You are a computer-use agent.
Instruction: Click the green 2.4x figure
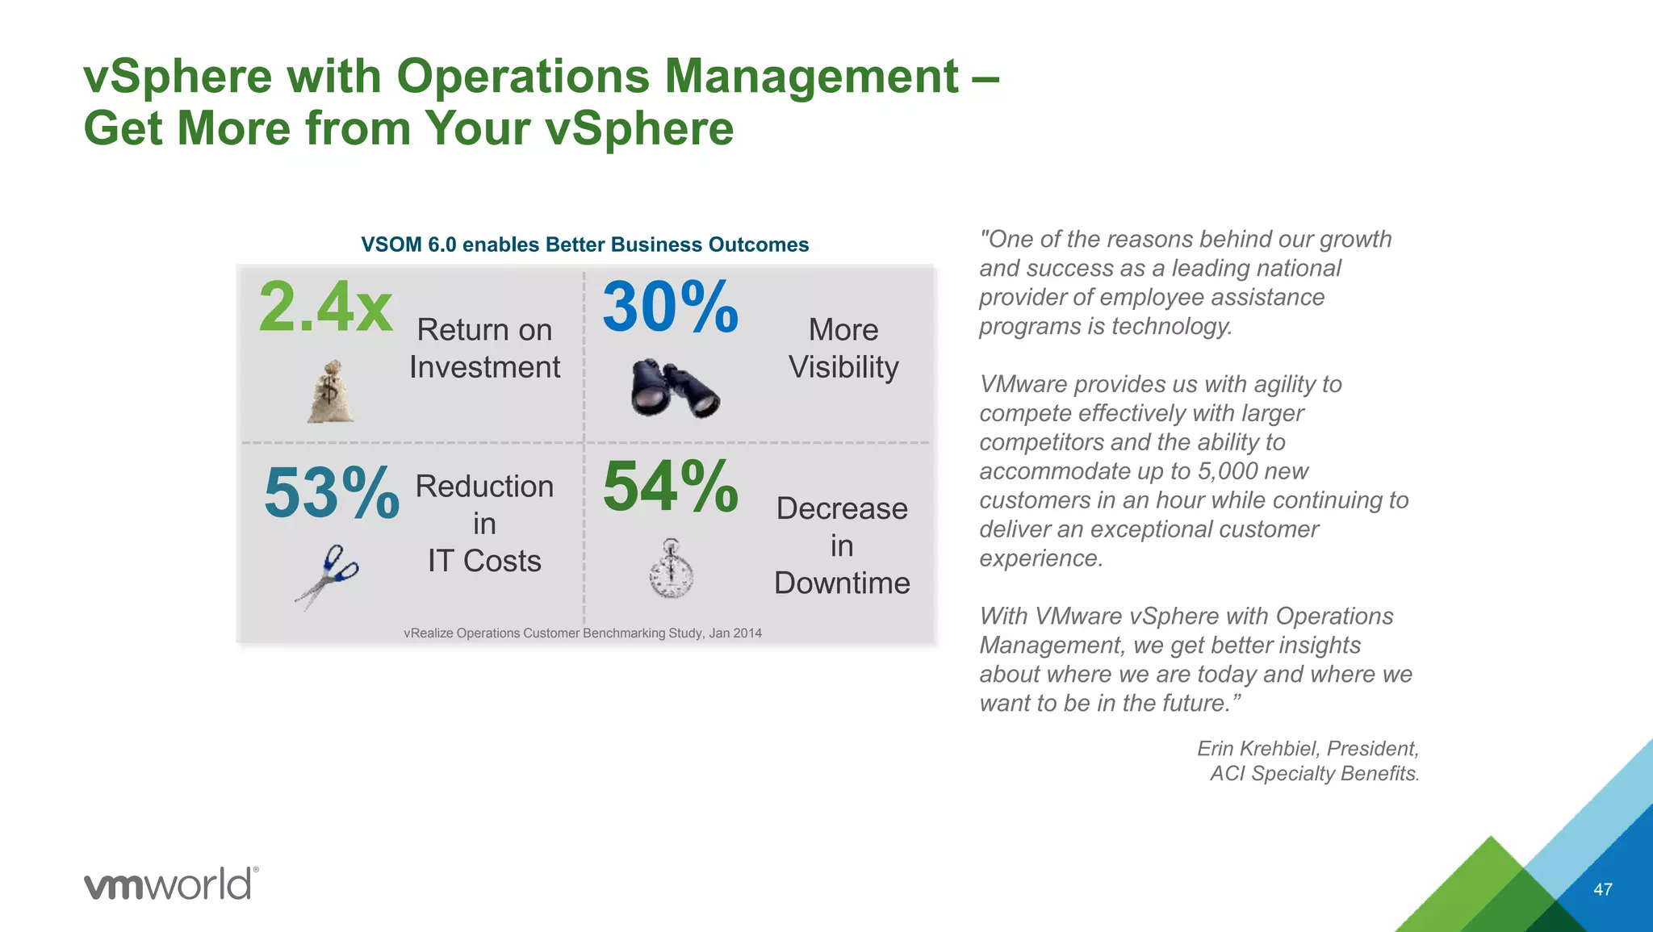(x=325, y=307)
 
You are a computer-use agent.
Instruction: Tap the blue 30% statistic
(x=670, y=307)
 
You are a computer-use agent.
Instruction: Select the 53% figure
(x=331, y=492)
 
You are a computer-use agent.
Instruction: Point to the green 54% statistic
(x=670, y=487)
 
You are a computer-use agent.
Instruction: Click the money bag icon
(x=330, y=392)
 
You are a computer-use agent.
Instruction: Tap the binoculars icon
(x=675, y=388)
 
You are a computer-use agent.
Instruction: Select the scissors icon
(x=328, y=575)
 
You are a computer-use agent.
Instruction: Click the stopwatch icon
(x=672, y=569)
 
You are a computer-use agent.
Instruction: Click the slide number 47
(x=1603, y=889)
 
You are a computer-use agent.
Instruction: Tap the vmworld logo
(x=171, y=884)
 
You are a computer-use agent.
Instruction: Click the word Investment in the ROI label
(x=484, y=367)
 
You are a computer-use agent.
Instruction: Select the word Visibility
(x=843, y=367)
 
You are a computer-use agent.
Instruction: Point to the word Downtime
(x=842, y=583)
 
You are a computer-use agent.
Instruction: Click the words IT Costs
(x=484, y=561)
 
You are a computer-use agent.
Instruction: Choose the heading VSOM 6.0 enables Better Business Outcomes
(x=584, y=244)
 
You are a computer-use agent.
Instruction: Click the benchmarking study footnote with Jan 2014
(x=582, y=633)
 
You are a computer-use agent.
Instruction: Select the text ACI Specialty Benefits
(x=1314, y=773)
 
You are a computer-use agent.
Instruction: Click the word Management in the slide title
(x=811, y=77)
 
